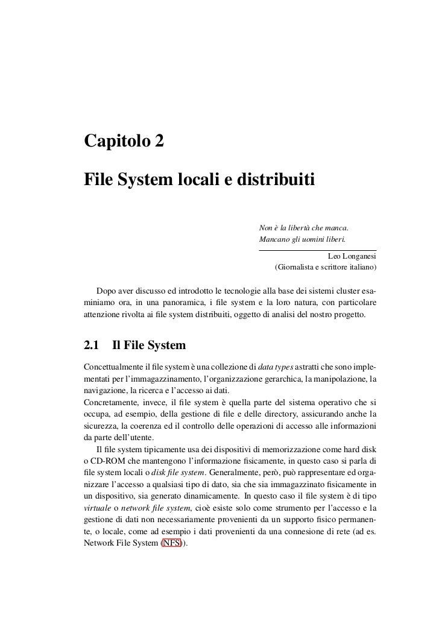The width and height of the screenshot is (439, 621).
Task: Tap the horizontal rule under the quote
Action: [x=317, y=250]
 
